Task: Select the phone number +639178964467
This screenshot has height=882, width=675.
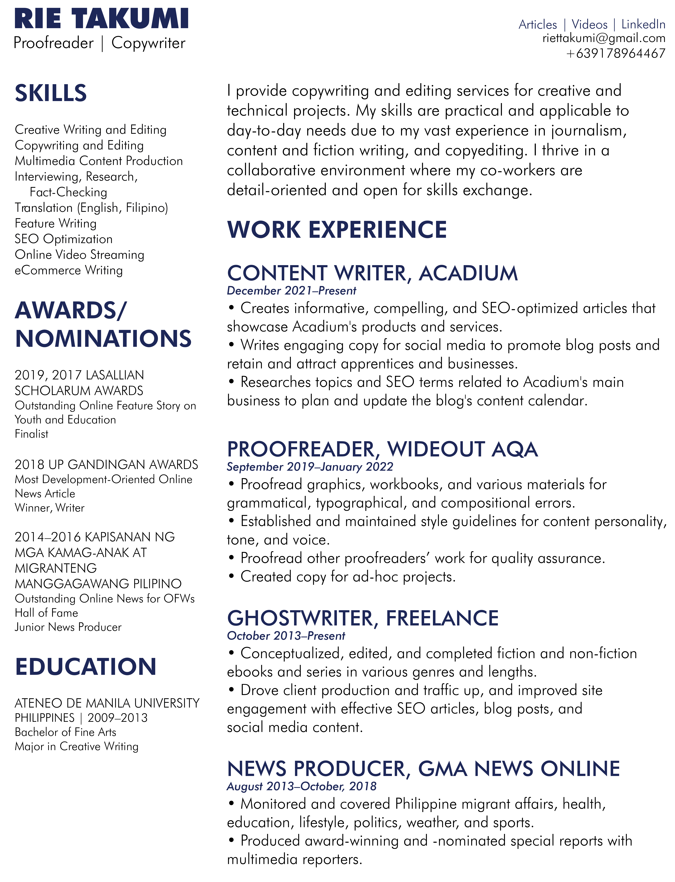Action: [x=616, y=53]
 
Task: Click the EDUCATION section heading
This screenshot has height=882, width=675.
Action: [x=85, y=667]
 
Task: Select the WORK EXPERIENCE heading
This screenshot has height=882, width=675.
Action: [x=337, y=230]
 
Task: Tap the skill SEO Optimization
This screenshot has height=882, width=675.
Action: [x=64, y=239]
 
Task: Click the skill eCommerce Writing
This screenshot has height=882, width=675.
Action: [x=68, y=270]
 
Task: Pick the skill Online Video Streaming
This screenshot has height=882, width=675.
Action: [x=79, y=255]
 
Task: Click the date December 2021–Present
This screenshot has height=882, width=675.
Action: [x=291, y=290]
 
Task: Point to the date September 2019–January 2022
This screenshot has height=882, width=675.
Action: [x=310, y=467]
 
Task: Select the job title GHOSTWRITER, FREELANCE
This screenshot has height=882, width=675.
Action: [x=362, y=618]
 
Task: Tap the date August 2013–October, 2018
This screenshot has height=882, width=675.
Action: [x=301, y=786]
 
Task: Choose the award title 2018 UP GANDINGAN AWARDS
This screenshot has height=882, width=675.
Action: [x=106, y=465]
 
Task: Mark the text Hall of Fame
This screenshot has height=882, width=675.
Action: [x=46, y=613]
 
